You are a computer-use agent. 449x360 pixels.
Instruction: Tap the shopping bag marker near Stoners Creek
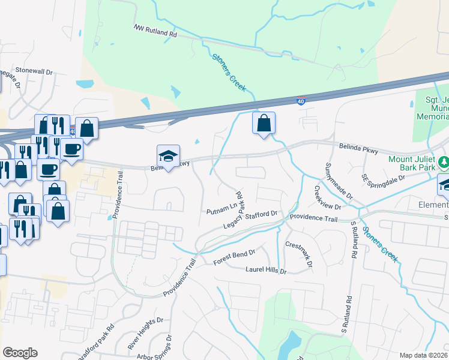point(264,123)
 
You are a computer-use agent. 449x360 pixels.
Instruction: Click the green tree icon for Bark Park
point(444,161)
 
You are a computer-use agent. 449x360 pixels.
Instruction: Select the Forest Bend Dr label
point(235,259)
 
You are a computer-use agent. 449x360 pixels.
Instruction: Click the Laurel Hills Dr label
point(266,271)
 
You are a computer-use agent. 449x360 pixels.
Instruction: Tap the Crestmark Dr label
point(299,254)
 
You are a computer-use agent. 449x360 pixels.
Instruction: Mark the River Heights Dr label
point(145,334)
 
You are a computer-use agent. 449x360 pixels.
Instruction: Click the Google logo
point(20,353)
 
